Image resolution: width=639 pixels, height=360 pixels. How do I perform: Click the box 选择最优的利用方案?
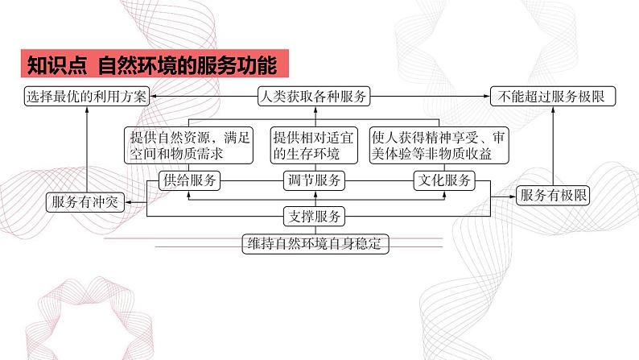(x=85, y=97)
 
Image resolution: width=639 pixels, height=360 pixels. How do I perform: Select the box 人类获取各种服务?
(x=314, y=97)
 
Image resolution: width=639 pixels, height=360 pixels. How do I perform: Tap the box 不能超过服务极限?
(x=552, y=97)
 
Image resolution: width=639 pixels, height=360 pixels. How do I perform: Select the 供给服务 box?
(x=190, y=180)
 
